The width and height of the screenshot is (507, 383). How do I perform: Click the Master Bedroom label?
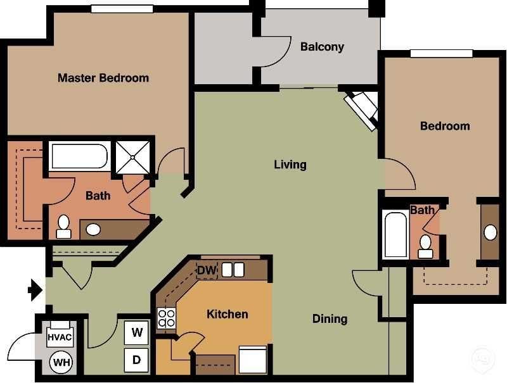103,78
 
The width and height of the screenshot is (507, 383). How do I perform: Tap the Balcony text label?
322,47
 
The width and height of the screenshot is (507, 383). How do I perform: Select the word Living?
290,165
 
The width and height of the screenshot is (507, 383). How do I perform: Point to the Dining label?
330,318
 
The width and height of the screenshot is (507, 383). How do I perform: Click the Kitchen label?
227,314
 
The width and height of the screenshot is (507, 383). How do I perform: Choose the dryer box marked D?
136,360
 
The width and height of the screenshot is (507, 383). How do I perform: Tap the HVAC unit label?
60,337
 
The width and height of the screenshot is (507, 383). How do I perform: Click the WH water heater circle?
61,363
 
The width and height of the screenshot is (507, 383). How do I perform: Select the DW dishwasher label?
207,270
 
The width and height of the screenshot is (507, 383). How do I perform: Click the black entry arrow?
35,291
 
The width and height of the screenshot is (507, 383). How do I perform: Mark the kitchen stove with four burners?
166,317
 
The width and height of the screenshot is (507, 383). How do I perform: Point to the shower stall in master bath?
132,156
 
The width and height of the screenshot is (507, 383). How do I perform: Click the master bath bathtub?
79,156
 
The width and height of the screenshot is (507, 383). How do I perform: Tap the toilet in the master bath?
63,226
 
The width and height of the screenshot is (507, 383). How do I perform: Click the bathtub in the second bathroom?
395,234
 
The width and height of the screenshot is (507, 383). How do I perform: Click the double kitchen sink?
233,270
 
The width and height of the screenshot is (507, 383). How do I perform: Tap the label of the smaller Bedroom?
445,126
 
